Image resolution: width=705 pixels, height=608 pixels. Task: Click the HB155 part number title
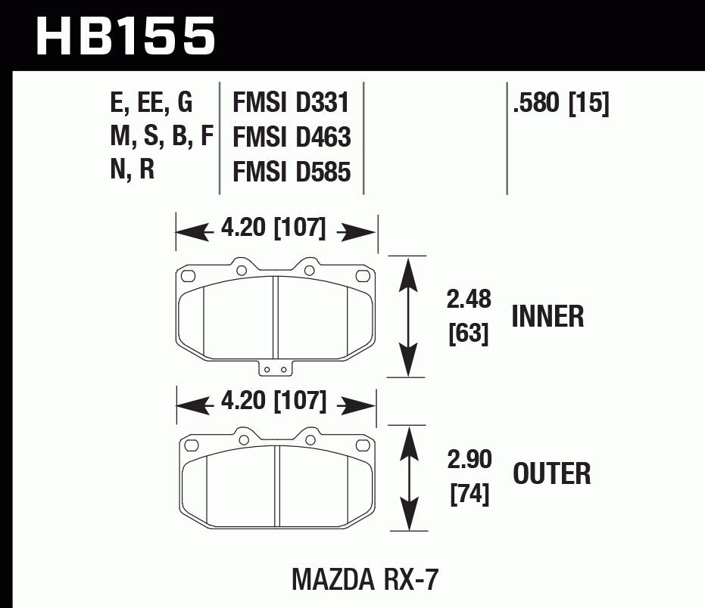tap(126, 36)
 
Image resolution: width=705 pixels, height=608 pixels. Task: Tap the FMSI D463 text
tap(292, 137)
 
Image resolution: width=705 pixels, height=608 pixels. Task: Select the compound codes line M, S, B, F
tap(161, 137)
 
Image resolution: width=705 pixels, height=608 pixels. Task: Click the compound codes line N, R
tap(133, 171)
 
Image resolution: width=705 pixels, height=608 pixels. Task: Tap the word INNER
tap(547, 316)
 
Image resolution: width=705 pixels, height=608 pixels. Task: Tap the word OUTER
tap(552, 474)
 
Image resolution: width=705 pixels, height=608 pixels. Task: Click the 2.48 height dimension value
tap(469, 300)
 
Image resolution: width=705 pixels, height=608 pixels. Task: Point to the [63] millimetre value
tap(469, 333)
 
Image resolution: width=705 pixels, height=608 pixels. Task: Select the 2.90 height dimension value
tap(469, 459)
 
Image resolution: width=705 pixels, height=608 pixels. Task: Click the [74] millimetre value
tap(469, 494)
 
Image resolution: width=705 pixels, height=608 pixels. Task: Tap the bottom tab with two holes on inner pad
tap(276, 368)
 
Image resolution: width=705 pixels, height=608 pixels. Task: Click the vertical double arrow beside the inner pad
tap(409, 315)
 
